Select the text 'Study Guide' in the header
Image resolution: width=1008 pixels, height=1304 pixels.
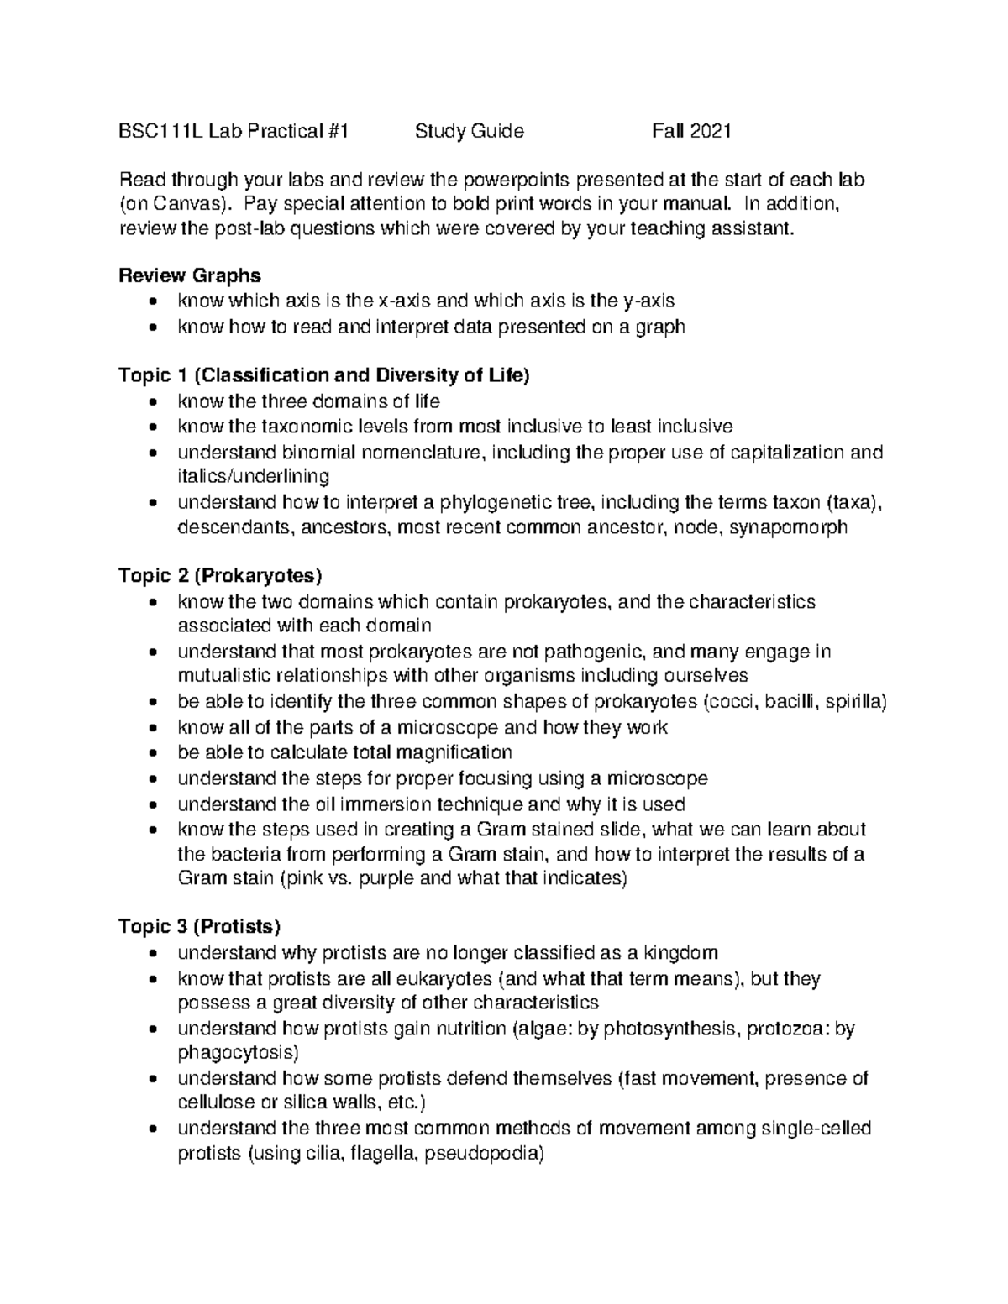469,131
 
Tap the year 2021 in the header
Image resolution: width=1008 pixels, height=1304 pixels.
711,131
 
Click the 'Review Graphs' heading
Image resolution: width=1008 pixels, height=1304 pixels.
190,275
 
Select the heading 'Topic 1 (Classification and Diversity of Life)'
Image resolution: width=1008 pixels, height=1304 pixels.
324,375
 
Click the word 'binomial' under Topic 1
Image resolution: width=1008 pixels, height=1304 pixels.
319,452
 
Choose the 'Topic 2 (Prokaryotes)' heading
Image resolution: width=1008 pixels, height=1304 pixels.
221,576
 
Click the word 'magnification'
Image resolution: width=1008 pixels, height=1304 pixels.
454,752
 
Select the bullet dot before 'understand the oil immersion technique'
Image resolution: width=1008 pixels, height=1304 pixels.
151,804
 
